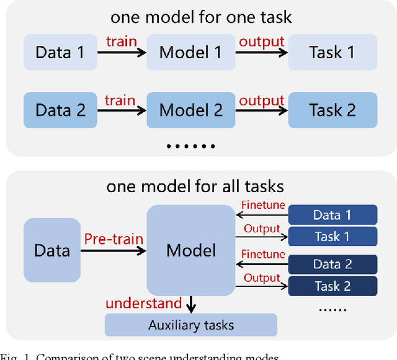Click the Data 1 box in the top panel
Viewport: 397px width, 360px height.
pos(60,51)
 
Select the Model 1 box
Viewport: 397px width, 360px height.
pos(190,51)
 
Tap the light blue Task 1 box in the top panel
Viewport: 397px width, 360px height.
pos(332,51)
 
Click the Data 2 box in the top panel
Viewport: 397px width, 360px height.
pos(60,110)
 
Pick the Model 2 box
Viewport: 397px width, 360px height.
pos(190,110)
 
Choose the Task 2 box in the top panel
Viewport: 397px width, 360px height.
pos(332,110)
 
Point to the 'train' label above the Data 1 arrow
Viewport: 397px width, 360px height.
pos(121,42)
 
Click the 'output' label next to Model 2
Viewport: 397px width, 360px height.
pos(261,100)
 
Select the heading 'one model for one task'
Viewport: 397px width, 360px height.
pos(201,17)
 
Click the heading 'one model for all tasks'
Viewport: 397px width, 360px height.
pos(195,186)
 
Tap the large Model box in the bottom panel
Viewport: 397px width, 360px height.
pos(191,250)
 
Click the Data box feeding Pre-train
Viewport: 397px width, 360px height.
pos(52,250)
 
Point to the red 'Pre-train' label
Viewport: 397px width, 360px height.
pos(114,239)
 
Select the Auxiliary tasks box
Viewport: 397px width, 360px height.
pos(191,325)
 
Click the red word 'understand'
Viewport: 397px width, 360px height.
pos(143,303)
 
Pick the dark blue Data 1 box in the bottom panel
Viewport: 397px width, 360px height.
pos(332,215)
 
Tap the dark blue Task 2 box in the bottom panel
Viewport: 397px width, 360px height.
pos(332,286)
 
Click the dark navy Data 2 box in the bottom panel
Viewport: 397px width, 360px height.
pos(332,265)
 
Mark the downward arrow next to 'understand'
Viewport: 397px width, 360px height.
pos(191,304)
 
